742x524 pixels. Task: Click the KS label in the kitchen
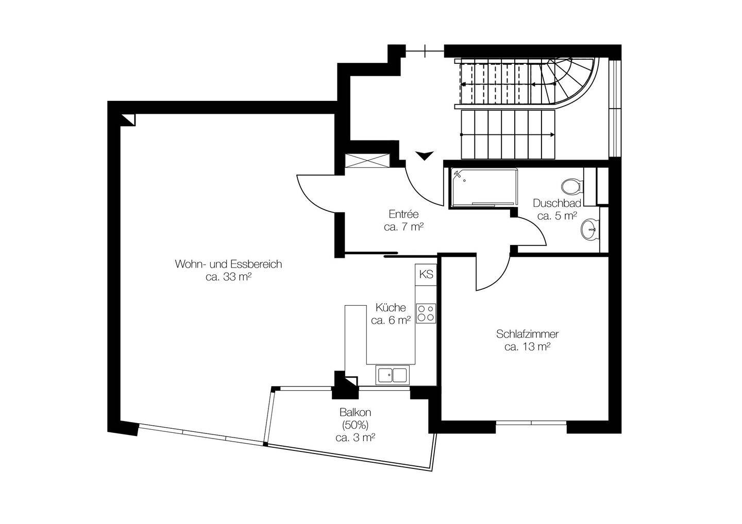point(426,274)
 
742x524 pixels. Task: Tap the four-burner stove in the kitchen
point(426,313)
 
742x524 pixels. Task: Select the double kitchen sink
point(392,375)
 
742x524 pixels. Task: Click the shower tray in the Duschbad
point(484,188)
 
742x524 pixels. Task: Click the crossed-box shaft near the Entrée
point(367,161)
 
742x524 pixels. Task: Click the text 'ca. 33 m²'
point(228,277)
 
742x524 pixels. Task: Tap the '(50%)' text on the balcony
point(355,425)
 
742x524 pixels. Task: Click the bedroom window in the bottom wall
point(531,423)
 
